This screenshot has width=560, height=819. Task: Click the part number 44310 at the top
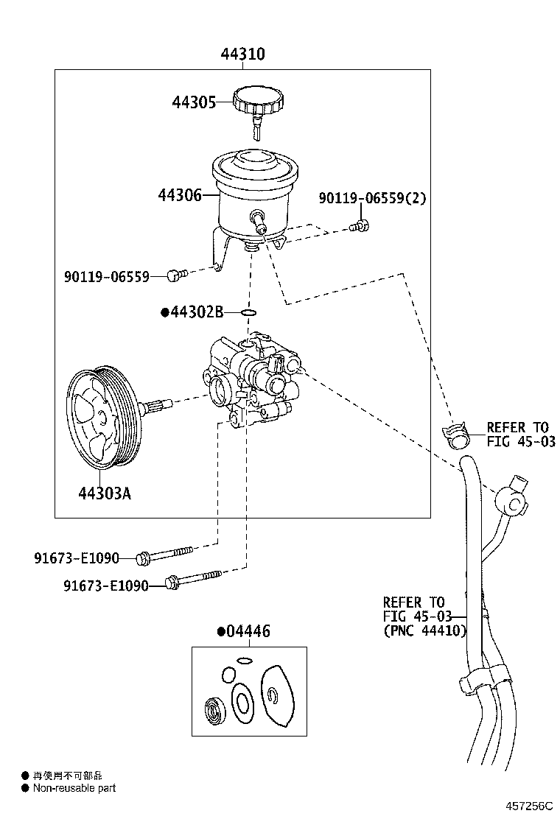coord(242,55)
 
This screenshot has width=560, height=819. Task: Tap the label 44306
coord(179,195)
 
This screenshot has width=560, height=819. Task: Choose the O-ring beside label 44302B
coord(250,313)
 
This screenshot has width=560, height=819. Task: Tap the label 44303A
coord(105,493)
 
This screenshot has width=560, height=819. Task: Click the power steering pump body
coord(251,383)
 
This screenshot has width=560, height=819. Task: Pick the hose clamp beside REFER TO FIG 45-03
coord(459,436)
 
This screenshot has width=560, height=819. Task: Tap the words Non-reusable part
coord(74,788)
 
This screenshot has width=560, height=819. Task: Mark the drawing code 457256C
coord(528,807)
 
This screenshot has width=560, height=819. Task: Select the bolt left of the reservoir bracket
coord(175,275)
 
